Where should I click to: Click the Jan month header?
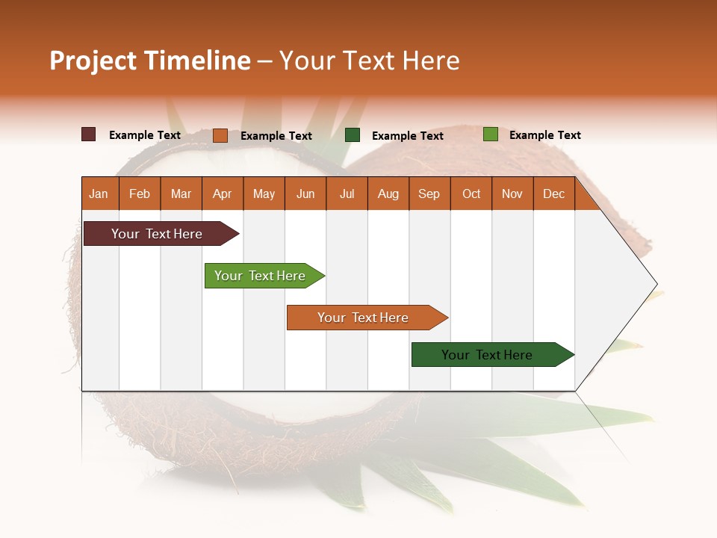coord(99,194)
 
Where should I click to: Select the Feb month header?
coord(140,194)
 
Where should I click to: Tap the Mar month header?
coord(181,194)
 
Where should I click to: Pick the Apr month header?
coord(223,194)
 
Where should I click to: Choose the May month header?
coord(264,194)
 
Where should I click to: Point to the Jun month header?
coord(305,194)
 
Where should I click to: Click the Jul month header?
coord(347,194)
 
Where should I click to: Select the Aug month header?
coord(388,194)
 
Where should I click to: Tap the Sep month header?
coord(429,194)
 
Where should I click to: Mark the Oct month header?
coord(471,194)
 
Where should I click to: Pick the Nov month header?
coord(512,194)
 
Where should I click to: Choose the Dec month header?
coord(554,194)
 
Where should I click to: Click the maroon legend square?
coord(89,134)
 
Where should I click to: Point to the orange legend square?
coord(220,135)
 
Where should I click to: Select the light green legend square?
coord(490,134)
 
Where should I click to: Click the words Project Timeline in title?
coord(150,61)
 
